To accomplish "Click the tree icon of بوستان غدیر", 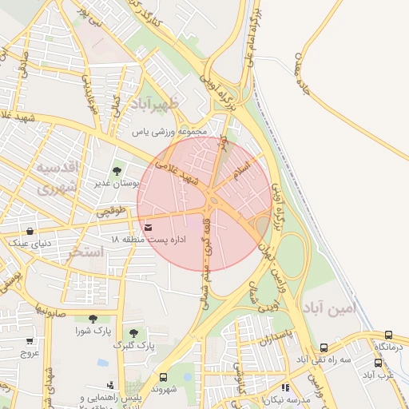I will click(x=117, y=170).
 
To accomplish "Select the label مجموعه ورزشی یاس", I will click(x=169, y=131).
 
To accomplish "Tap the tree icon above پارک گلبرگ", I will click(x=133, y=333).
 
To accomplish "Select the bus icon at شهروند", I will click(x=164, y=377).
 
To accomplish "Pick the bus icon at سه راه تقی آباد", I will click(x=324, y=347).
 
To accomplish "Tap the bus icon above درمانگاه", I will click(x=389, y=336).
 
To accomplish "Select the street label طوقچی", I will click(x=112, y=212).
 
